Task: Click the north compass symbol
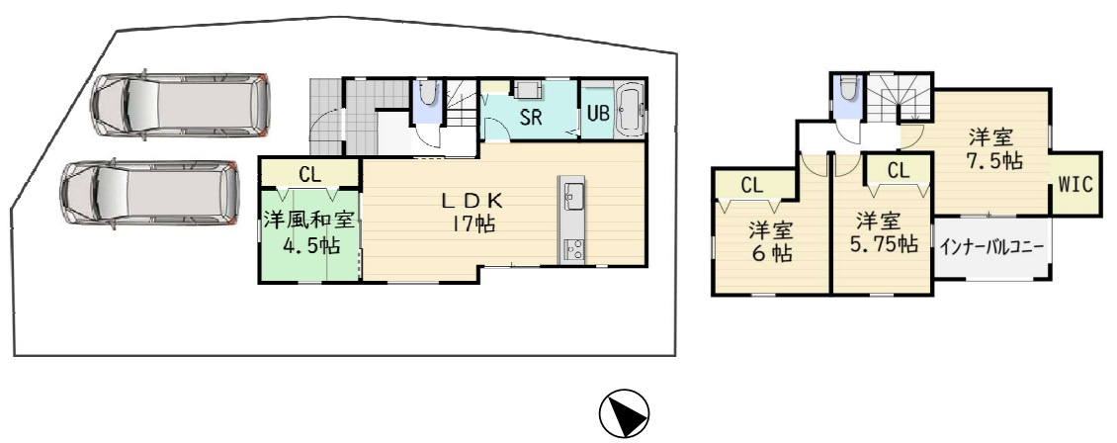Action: (624, 413)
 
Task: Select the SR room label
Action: (531, 118)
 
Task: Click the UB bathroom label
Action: (597, 114)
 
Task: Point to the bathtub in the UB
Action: (629, 108)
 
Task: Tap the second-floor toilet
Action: (847, 89)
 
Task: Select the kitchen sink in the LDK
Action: (572, 193)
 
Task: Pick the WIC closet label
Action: (1074, 185)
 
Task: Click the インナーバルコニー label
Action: (990, 248)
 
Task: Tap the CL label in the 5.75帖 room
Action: (899, 170)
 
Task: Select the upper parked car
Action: (180, 105)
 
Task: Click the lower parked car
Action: (149, 194)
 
